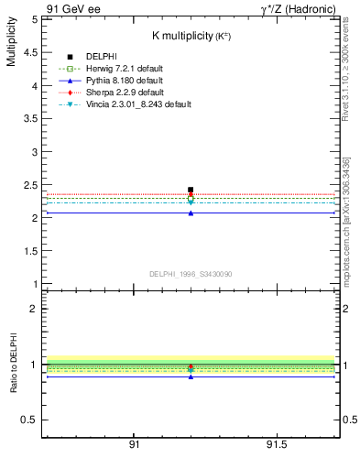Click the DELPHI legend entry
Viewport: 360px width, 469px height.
(x=101, y=57)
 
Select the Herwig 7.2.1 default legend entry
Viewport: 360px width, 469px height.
(x=123, y=69)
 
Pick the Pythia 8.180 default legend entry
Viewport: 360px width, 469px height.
(x=122, y=80)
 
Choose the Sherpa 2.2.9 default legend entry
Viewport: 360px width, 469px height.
(x=123, y=92)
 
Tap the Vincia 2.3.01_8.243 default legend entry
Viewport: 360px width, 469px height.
(x=137, y=104)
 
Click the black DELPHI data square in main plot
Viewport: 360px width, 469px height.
(x=191, y=190)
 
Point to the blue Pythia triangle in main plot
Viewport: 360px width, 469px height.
(x=191, y=213)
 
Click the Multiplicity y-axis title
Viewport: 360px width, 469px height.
(x=11, y=42)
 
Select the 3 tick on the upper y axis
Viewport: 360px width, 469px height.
(x=35, y=152)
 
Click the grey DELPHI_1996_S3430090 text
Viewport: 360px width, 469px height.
(x=191, y=274)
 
